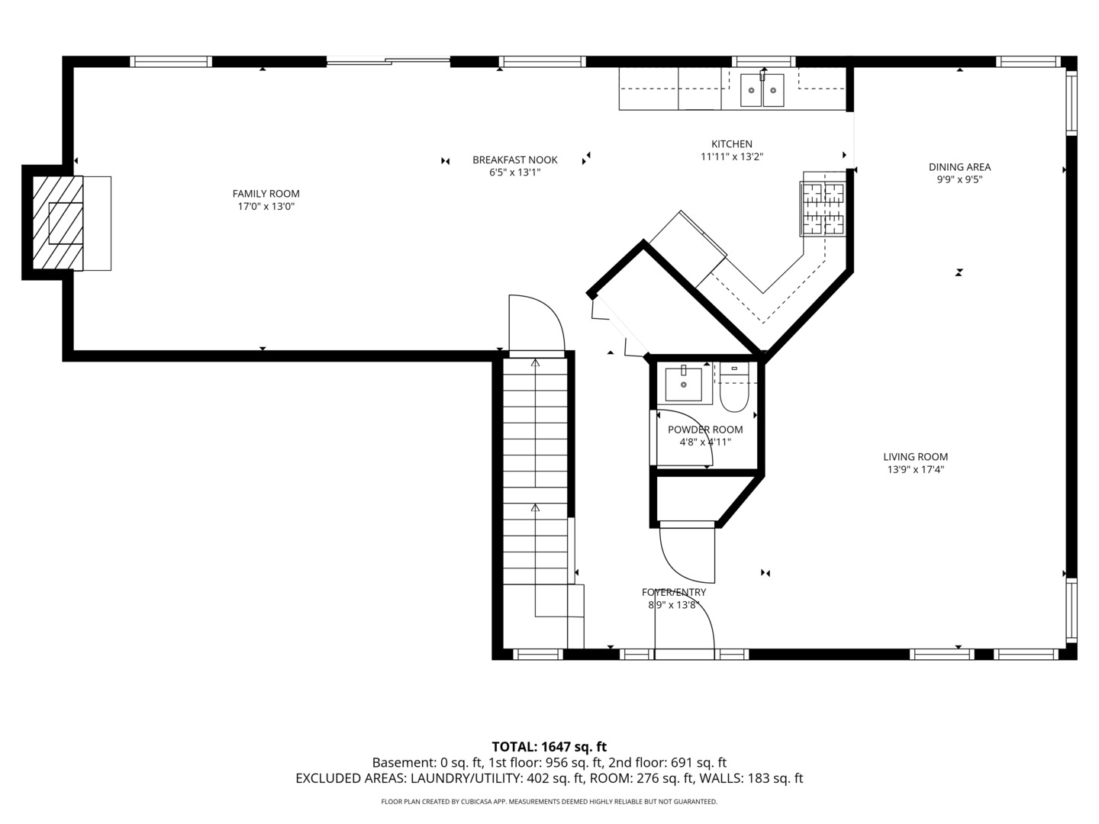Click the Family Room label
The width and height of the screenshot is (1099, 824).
click(266, 194)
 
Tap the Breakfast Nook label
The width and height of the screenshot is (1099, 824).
click(514, 159)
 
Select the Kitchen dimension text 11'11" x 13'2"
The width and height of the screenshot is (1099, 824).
click(731, 156)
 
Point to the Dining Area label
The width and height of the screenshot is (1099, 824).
click(959, 167)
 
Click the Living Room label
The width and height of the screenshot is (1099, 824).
click(915, 456)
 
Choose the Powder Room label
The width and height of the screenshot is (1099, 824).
click(705, 430)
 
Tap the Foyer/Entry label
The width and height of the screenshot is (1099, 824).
click(674, 592)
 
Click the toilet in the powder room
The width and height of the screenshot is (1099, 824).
click(734, 388)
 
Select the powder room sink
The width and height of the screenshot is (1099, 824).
click(684, 384)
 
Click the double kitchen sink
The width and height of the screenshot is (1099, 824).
click(762, 89)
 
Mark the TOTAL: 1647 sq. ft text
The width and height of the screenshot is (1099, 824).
click(549, 747)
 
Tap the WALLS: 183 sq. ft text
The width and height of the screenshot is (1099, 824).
click(751, 778)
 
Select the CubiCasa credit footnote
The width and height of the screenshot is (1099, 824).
click(549, 801)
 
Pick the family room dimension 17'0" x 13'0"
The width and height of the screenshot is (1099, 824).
click(266, 207)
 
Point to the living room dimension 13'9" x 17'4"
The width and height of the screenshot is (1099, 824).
click(915, 469)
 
